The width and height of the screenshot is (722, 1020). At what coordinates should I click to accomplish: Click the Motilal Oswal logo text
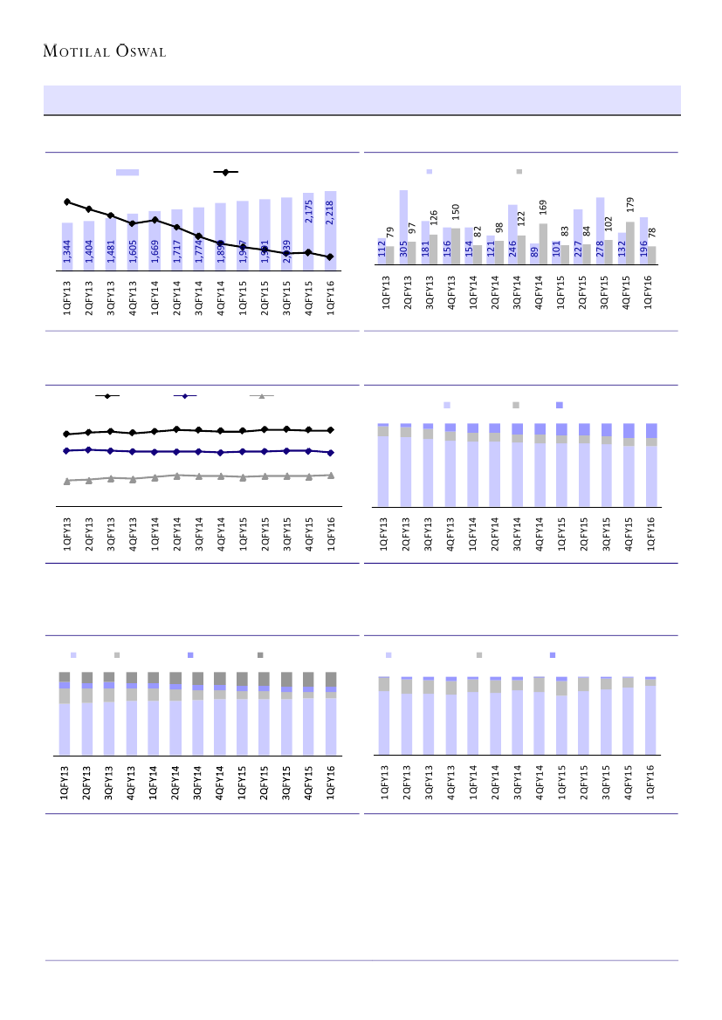105,51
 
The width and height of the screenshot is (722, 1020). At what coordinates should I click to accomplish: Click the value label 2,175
308,212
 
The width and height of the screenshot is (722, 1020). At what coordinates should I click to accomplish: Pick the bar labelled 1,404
89,246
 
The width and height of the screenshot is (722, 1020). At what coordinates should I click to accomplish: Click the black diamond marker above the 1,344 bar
67,202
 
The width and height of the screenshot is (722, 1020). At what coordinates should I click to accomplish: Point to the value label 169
542,208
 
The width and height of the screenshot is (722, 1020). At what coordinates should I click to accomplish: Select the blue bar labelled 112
382,251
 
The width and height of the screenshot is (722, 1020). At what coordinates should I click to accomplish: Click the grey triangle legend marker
261,396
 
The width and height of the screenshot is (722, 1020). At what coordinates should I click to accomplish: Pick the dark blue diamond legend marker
184,396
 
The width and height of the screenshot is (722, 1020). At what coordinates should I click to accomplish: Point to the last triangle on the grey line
330,475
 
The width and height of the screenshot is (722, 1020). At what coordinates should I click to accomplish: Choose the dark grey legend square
260,654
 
